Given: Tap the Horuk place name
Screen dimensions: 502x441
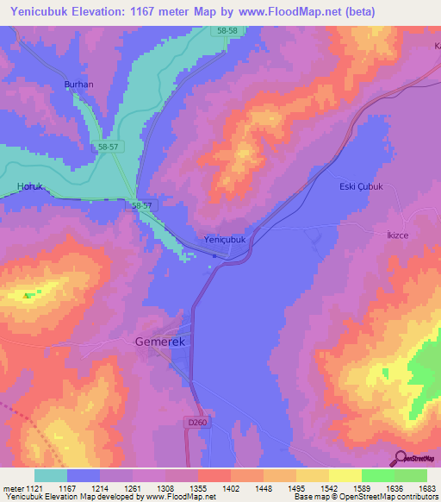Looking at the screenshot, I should coord(29,186).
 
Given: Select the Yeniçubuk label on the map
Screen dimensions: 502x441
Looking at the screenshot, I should coord(225,240).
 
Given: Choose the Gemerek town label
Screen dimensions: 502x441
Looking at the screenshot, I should coord(160,341).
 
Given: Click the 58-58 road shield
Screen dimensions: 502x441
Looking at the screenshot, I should coord(227,31).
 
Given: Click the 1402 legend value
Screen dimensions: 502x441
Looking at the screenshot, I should coord(230,488).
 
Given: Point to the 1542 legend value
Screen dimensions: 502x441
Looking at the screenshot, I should coord(327,488).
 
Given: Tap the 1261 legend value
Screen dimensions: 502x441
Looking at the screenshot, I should coord(132,488).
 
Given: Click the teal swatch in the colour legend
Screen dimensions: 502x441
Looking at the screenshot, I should coord(51,475).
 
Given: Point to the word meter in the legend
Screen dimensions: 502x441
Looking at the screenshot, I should coord(12,488).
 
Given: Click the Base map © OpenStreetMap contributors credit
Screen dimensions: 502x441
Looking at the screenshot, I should coord(365,498).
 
